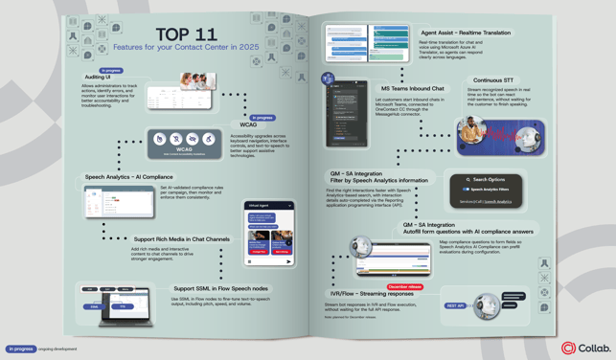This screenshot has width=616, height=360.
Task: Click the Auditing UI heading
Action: click(98, 78)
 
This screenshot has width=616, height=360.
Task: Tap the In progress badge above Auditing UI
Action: click(111, 70)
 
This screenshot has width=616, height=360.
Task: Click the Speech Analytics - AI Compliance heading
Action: click(128, 177)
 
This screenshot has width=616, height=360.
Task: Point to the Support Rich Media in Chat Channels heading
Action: click(181, 239)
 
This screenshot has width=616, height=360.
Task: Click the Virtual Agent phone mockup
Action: click(269, 234)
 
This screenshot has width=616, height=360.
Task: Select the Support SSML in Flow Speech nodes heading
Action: click(220, 288)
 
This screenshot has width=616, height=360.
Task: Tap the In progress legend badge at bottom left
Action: click(20, 349)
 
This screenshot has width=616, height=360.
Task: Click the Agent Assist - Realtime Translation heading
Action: click(466, 34)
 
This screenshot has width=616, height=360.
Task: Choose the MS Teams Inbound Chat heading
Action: click(412, 89)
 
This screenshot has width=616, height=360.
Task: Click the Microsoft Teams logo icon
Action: click(328, 79)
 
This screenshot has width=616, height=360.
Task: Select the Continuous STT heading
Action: click(493, 80)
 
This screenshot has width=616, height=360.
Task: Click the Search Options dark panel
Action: click(486, 190)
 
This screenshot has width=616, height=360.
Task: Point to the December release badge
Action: click(404, 286)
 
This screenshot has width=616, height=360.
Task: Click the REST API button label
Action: click(455, 306)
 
